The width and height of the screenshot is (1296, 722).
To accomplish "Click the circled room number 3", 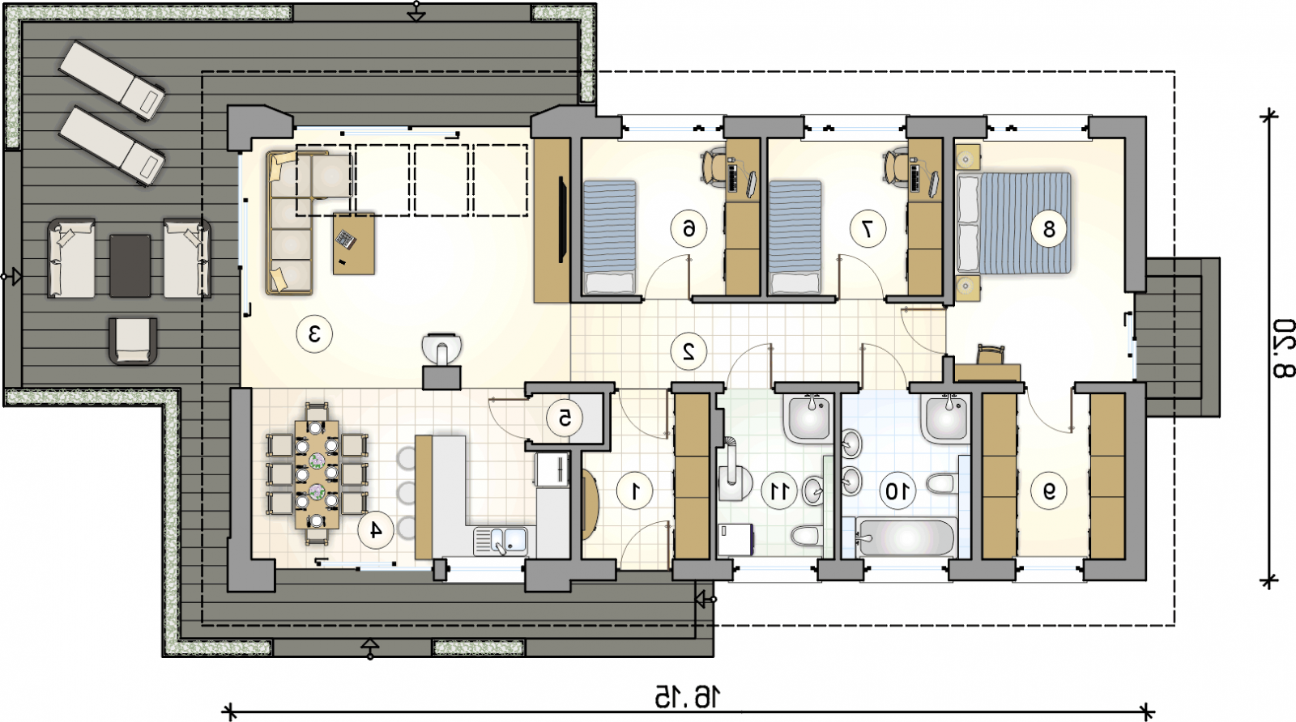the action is [314, 333].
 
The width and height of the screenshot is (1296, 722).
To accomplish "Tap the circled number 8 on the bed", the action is [1049, 230].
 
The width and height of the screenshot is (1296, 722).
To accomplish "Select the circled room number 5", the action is [565, 418].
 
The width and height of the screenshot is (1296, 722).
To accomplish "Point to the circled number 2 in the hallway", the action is [688, 351].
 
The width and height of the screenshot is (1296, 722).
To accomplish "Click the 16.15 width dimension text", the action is [688, 697].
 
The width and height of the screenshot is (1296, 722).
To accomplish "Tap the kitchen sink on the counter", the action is [501, 541].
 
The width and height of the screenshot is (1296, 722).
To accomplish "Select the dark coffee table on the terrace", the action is [130, 265].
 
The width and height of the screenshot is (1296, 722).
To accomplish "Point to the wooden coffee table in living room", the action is [354, 244].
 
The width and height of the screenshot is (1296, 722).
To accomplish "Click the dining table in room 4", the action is [317, 474].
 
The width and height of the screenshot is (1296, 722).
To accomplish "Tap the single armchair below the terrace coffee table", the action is [133, 341].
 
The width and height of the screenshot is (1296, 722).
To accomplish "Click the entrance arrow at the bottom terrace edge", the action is [370, 648].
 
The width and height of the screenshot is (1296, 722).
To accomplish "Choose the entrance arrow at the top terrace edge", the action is [416, 11].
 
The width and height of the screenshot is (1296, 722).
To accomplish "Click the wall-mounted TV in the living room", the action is [561, 219].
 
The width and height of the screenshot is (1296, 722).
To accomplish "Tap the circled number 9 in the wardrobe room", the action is [1049, 491].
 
